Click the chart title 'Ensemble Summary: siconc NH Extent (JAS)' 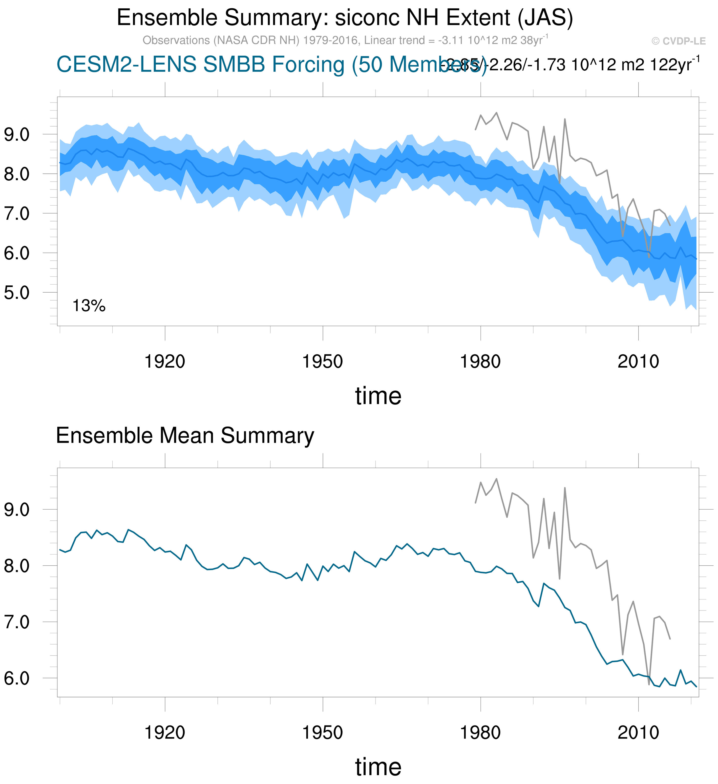[x=345, y=18]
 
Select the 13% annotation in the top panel [x=89, y=306]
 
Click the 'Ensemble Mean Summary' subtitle [x=185, y=436]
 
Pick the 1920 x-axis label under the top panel [x=165, y=362]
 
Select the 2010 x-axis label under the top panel [x=638, y=362]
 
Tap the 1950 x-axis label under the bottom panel [x=322, y=733]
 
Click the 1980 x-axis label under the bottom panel [x=480, y=733]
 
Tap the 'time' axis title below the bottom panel [x=378, y=767]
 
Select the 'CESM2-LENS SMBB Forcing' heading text [x=200, y=64]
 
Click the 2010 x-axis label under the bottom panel [x=638, y=733]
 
